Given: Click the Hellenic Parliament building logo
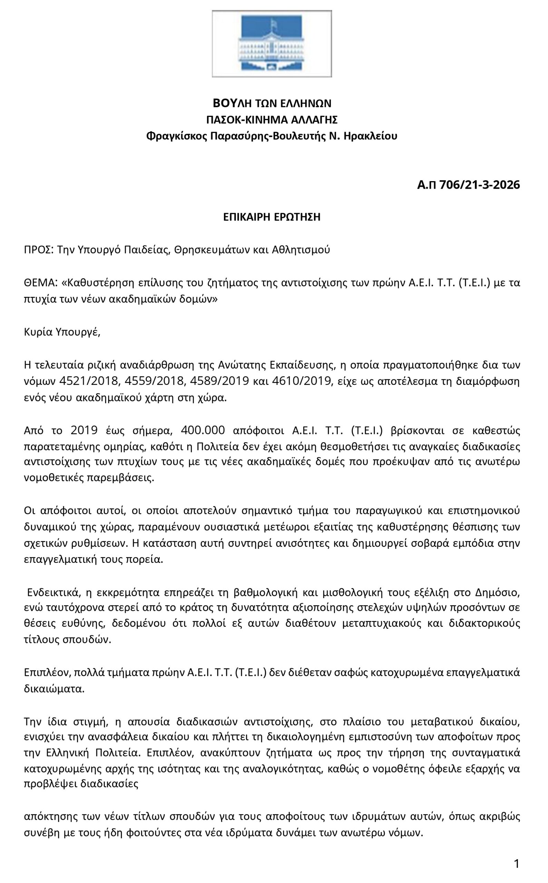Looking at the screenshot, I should pos(272,43).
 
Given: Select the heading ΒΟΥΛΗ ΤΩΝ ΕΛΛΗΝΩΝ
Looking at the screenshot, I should pos(272,103).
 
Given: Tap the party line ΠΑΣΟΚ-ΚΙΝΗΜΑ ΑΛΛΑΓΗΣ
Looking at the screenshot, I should pos(272,120).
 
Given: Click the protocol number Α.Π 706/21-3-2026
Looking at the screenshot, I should pos(468,185).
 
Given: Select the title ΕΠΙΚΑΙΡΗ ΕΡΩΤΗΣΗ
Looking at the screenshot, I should pos(272,217).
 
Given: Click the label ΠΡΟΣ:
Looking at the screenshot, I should pos(39,250).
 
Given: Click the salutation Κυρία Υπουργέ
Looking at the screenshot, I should pos(62,332).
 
